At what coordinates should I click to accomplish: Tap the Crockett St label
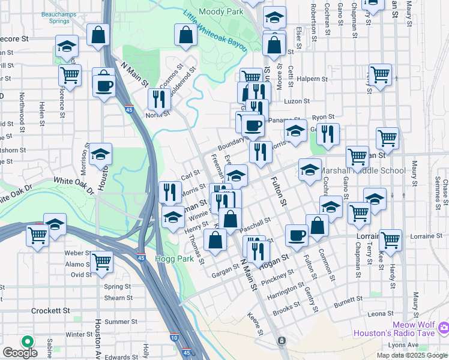[51, 310]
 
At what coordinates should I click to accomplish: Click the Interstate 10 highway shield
[173, 337]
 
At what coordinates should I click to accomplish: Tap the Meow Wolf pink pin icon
[444, 327]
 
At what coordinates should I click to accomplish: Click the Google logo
[20, 353]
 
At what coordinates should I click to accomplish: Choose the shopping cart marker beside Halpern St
[381, 75]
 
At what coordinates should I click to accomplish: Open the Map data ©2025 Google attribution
[412, 355]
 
